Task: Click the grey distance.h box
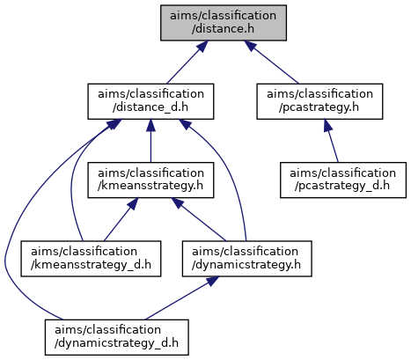coord(224,23)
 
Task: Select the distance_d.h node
coord(150,101)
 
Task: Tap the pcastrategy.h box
coord(319,101)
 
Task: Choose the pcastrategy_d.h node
coord(343,180)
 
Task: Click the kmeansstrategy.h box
coord(150,180)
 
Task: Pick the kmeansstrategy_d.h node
coord(91,259)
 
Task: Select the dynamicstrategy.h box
coord(246,259)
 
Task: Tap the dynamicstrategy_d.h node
coord(117,337)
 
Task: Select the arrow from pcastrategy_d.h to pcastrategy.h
coord(331,141)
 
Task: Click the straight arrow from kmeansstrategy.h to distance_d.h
coord(150,141)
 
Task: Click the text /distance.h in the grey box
coord(223,29)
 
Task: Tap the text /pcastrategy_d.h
coord(342,187)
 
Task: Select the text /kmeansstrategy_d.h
coord(91,265)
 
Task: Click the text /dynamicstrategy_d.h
coord(116,343)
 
